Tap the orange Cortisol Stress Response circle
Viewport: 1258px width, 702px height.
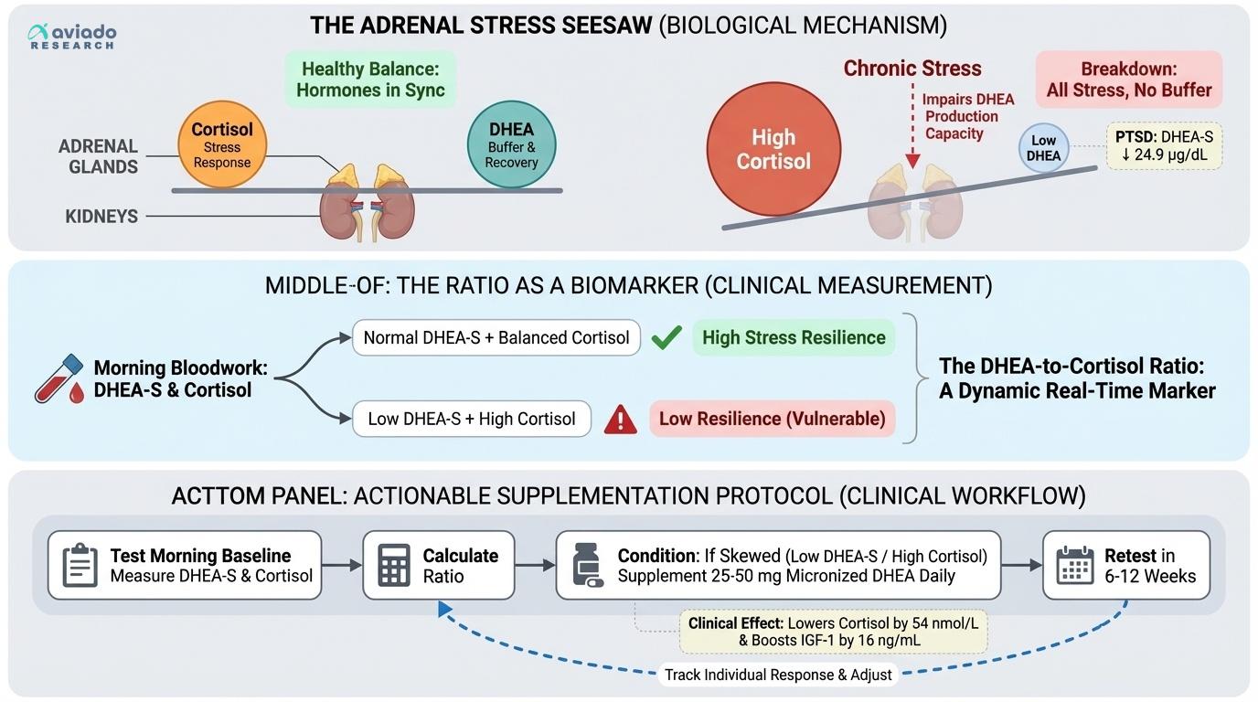point(221,144)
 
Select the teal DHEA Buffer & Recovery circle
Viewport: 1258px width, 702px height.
point(511,144)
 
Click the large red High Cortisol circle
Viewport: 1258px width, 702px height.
point(773,149)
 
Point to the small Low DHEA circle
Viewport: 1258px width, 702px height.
point(1043,148)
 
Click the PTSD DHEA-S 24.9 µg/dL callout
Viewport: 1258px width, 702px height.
point(1164,145)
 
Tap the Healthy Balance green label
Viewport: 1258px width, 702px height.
point(369,80)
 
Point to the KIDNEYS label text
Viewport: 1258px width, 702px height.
point(101,217)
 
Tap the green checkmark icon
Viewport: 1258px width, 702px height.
point(666,338)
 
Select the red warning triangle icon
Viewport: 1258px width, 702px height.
point(621,420)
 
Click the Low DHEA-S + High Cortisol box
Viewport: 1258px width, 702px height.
point(472,420)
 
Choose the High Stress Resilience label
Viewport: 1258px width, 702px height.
point(793,338)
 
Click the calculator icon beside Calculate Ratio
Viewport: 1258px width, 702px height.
point(393,566)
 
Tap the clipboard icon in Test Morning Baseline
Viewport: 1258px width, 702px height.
point(80,566)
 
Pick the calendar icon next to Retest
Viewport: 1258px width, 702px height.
point(1074,566)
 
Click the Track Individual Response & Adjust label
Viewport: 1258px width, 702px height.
point(778,675)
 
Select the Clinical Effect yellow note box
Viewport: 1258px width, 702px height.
point(833,632)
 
